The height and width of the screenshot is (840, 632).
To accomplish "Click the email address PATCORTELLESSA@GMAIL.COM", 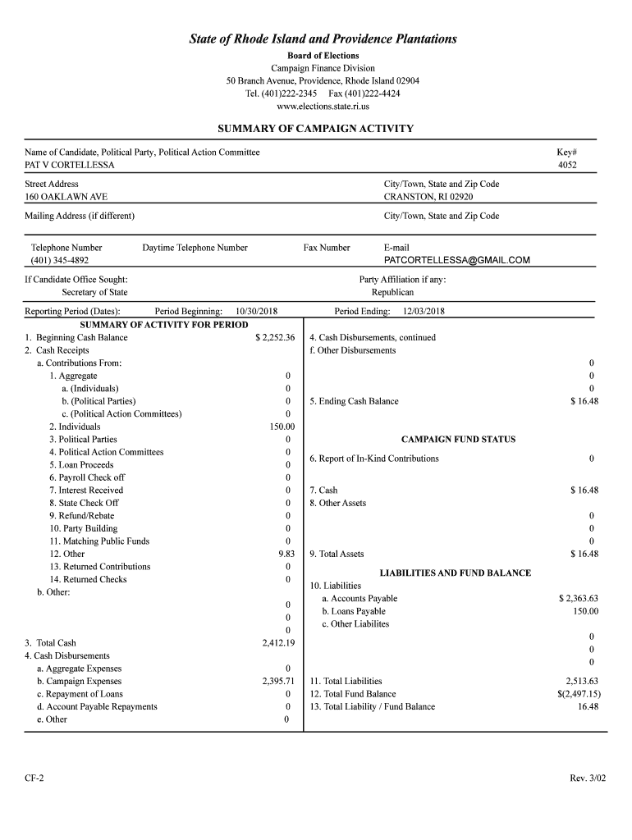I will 456,261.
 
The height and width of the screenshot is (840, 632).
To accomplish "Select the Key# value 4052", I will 567,165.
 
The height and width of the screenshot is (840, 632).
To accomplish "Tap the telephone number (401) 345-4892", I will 60,261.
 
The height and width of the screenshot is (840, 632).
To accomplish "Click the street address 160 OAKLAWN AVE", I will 66,197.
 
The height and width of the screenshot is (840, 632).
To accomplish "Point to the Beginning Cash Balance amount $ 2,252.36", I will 275,338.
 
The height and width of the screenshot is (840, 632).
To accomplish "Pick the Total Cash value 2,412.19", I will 278,643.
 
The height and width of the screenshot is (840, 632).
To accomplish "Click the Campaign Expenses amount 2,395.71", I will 278,681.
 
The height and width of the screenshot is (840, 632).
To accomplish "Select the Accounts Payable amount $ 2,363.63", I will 578,599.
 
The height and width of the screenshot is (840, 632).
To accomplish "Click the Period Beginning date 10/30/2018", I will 256,312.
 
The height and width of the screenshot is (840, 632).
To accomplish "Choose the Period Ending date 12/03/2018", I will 424,312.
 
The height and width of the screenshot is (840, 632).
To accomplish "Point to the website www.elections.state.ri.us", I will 323,107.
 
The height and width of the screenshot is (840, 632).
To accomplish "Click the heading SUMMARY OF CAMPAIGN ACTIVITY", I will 315,129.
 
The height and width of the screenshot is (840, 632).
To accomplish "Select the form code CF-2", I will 34,778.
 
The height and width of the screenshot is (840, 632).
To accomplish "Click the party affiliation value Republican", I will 392,292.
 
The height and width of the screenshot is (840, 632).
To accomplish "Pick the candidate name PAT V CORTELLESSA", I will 70,165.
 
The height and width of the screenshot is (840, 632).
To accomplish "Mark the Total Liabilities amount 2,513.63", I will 581,681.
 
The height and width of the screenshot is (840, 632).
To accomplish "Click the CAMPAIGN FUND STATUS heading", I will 458,440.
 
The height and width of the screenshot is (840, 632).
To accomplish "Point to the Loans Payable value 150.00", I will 585,611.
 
